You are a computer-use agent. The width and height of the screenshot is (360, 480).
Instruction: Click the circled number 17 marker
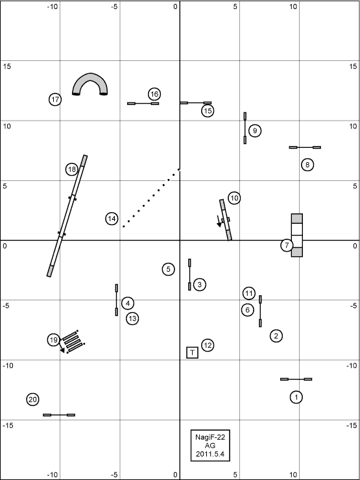55,99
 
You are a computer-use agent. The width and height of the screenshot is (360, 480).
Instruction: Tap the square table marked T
192,352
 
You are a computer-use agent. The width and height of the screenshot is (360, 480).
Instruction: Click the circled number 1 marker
296,397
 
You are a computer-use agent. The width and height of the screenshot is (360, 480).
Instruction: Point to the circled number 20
32,400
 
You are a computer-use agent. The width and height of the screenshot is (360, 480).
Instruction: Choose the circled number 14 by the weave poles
112,219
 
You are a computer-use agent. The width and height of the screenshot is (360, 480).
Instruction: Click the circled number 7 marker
287,245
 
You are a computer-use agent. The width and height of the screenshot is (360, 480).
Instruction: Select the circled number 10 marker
234,198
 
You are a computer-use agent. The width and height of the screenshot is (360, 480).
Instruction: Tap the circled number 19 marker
54,340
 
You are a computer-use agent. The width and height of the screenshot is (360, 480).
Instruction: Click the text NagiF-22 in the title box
210,437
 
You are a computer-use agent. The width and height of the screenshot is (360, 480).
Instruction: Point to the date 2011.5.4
210,454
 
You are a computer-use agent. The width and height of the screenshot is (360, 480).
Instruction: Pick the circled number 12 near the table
208,346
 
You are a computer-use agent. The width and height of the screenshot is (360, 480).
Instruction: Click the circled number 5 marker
169,269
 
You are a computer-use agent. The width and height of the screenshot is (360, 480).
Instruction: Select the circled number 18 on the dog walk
72,169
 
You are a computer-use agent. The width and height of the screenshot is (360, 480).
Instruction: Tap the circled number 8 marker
307,165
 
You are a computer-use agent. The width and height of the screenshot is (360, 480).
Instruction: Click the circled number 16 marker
154,94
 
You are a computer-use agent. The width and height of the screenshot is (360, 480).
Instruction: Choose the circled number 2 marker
276,336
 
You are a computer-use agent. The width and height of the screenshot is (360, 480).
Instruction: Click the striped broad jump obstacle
73,342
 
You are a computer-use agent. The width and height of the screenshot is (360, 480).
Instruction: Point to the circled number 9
255,131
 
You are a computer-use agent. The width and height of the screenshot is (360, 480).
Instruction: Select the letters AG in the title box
210,446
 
